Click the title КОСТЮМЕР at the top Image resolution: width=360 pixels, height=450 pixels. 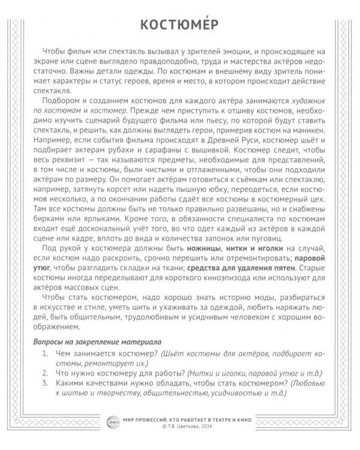pos(180,25)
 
